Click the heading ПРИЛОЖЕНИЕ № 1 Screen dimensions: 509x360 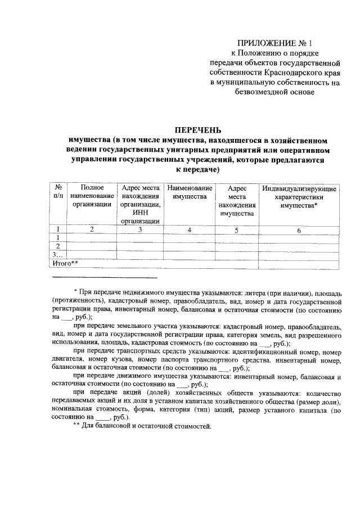point(273,42)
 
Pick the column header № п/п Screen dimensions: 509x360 point(57,192)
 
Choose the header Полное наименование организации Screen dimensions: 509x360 point(92,196)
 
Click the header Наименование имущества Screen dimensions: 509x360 point(190,192)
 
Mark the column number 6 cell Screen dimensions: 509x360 point(299,229)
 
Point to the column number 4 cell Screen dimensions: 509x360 point(190,229)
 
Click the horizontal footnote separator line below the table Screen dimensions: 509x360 point(105,278)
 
